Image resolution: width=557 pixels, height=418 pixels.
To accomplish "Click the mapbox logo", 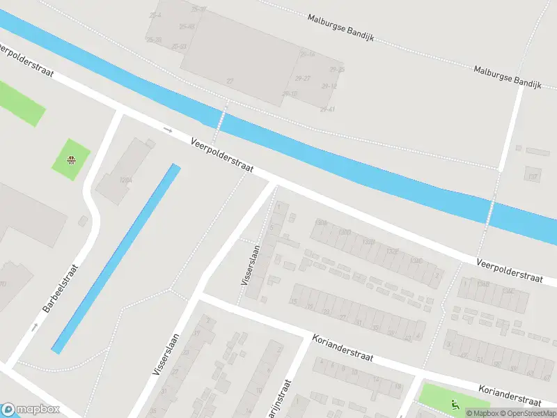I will coord(31,410).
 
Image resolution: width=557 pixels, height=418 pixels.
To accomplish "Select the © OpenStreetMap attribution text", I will coord(526,413).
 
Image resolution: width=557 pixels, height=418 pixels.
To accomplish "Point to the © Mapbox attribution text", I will coord(482,413).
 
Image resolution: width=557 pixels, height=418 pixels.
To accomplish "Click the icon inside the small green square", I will coord(71,160).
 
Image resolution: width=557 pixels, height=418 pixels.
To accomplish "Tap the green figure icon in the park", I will coord(455,403).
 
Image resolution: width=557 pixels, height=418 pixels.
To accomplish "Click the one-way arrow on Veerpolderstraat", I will coord(167,130).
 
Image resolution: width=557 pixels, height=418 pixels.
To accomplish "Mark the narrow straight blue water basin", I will coord(116,258).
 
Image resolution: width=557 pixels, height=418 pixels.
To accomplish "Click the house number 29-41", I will coord(327,109).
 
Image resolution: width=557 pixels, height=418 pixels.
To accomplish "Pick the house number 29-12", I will coord(329,86).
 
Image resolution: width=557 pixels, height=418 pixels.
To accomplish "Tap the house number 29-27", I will coord(303,78).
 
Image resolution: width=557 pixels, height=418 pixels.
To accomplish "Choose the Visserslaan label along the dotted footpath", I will coord(250,265).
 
